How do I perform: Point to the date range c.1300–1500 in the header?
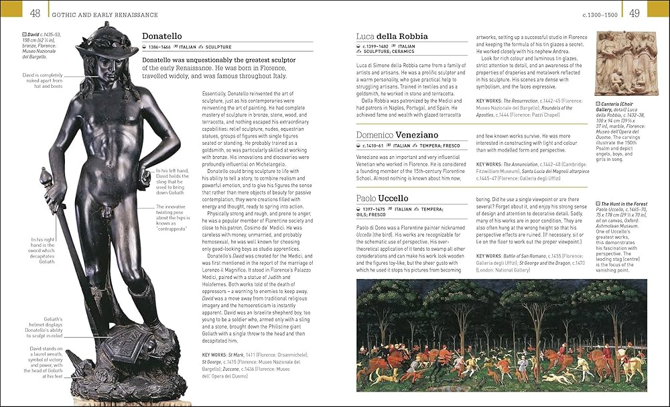coord(600,14)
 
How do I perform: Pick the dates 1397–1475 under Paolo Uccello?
coord(377,210)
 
